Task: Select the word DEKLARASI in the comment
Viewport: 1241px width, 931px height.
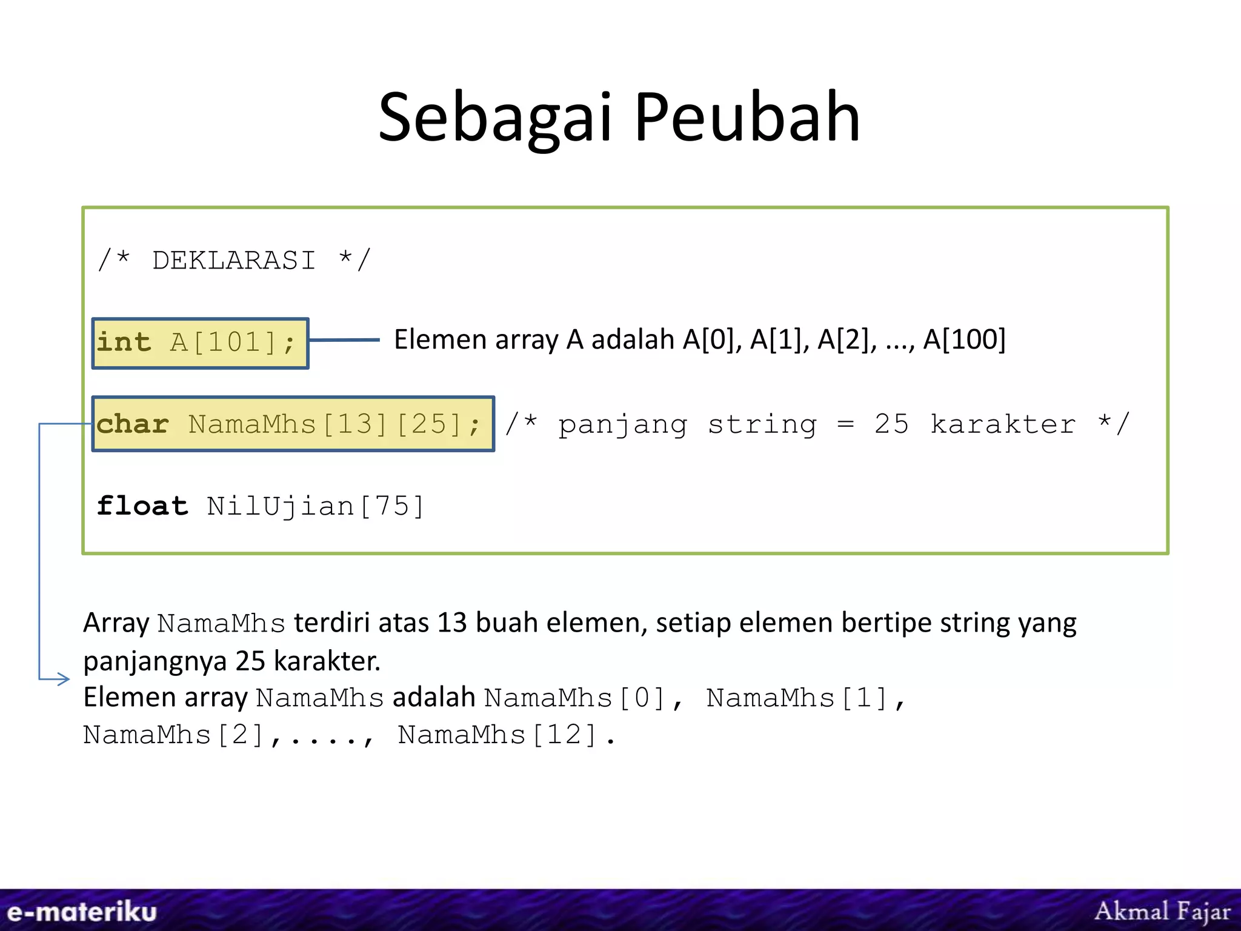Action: (x=234, y=261)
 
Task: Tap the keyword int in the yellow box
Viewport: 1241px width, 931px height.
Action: (x=124, y=342)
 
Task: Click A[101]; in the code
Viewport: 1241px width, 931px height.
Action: (x=233, y=343)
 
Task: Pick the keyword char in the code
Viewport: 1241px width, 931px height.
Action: (x=133, y=424)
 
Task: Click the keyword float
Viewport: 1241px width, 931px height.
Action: (x=142, y=506)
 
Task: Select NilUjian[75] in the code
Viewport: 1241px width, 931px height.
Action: (x=315, y=507)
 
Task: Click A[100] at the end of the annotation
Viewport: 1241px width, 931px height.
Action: (x=964, y=339)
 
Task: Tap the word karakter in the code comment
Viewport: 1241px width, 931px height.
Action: (x=1003, y=424)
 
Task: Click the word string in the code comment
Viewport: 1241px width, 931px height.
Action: (x=762, y=424)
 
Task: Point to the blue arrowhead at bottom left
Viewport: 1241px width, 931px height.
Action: (x=63, y=679)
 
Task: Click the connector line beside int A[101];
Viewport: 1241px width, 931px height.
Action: (x=344, y=340)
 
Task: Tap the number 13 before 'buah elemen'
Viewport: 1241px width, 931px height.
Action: (x=452, y=623)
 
